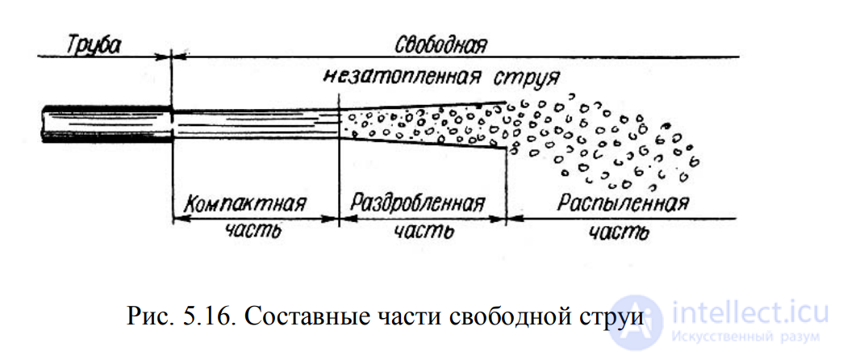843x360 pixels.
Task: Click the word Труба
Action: click(x=95, y=44)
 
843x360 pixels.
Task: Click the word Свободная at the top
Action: click(x=441, y=44)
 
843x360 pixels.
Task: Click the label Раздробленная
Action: click(x=419, y=203)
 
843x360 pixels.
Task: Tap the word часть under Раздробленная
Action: click(x=419, y=232)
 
